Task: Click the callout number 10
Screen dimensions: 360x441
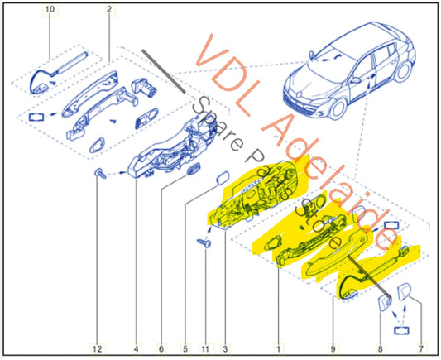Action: pyautogui.click(x=50, y=9)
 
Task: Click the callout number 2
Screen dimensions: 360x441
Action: pyautogui.click(x=108, y=9)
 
